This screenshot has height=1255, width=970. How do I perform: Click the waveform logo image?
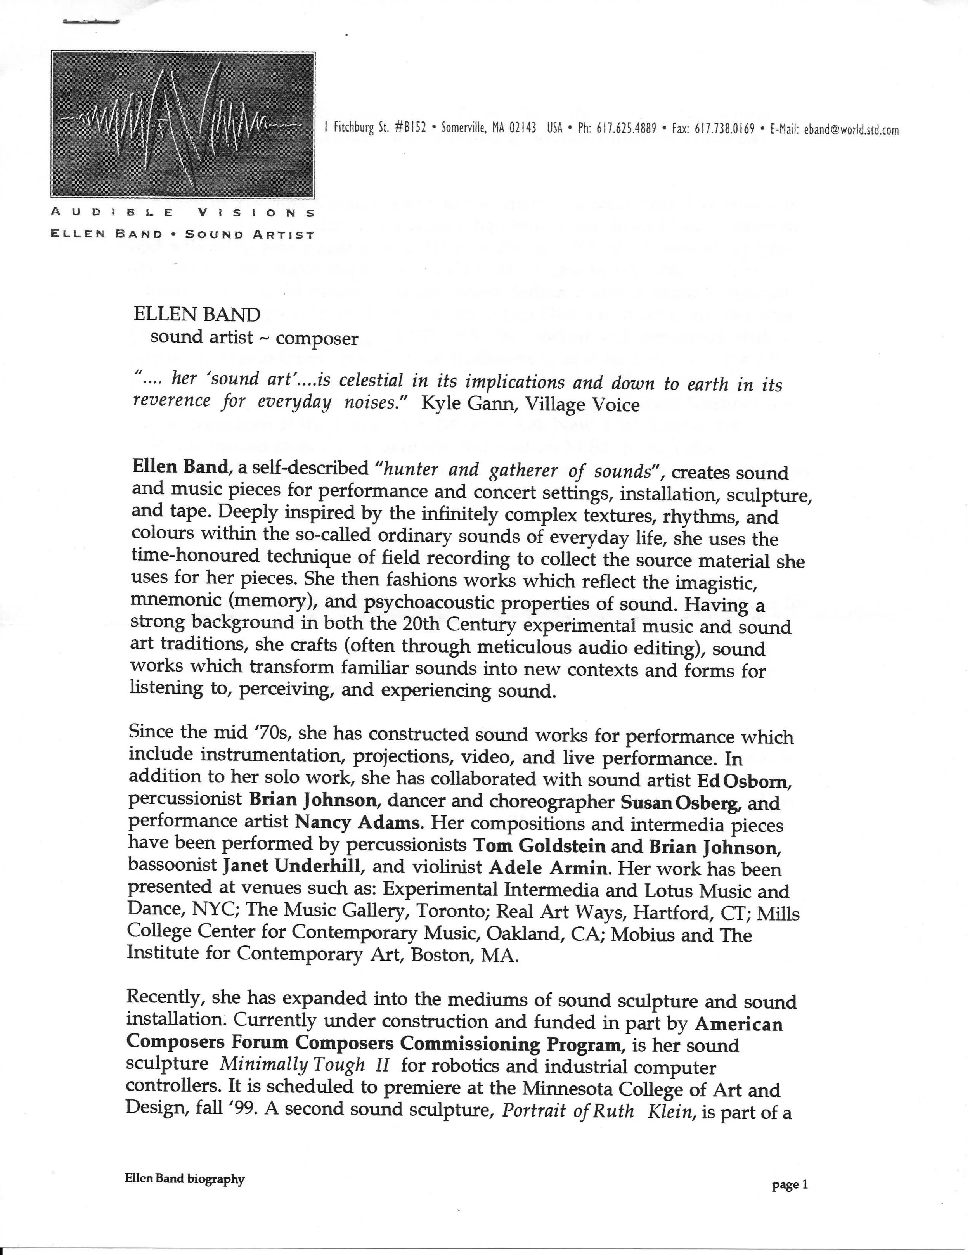[183, 125]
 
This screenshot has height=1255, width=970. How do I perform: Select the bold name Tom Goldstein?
[539, 846]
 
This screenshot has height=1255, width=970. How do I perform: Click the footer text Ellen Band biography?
[184, 1179]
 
